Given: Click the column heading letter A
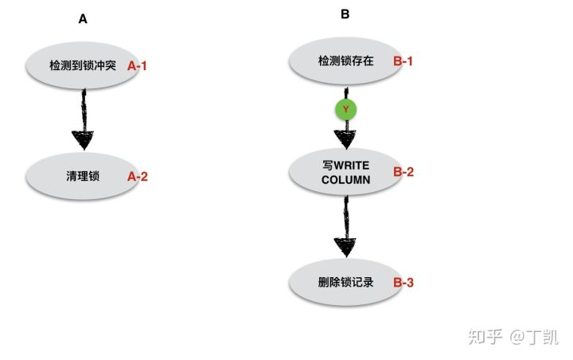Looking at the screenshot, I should pyautogui.click(x=83, y=19).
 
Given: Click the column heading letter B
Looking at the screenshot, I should pyautogui.click(x=345, y=14).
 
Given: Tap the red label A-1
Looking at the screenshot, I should pyautogui.click(x=138, y=66).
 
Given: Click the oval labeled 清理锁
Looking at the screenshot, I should pyautogui.click(x=83, y=176).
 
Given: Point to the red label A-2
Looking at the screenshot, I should pyautogui.click(x=138, y=177).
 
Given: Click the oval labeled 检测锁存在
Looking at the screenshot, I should pyautogui.click(x=344, y=61).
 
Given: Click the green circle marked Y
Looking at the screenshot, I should pyautogui.click(x=345, y=109).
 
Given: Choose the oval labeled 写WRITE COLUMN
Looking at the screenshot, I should pyautogui.click(x=345, y=172).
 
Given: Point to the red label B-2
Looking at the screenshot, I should pyautogui.click(x=403, y=171).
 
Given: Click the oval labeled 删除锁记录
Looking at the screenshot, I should pyautogui.click(x=344, y=282).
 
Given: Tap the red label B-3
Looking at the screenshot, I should pyautogui.click(x=403, y=283).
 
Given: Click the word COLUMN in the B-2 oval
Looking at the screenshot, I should pyautogui.click(x=345, y=180).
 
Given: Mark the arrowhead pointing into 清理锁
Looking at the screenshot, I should pyautogui.click(x=83, y=141).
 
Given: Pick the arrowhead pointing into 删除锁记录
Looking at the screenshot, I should pyautogui.click(x=345, y=246).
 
